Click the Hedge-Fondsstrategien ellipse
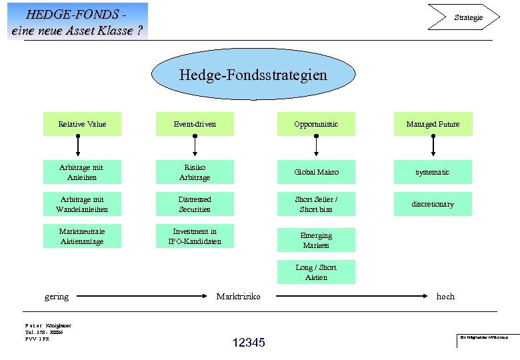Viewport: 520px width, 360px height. (253, 75)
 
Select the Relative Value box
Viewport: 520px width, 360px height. (82, 124)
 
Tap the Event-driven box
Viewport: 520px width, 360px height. (195, 124)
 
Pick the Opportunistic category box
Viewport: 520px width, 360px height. (316, 124)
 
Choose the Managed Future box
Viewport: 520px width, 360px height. (433, 124)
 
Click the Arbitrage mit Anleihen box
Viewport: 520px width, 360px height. (82, 172)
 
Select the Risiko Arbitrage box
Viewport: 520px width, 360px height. (195, 172)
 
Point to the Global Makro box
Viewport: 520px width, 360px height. (316, 172)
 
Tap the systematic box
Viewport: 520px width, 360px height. (433, 172)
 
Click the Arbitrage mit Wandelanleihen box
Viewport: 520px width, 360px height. (82, 204)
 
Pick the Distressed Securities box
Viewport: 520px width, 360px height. (195, 204)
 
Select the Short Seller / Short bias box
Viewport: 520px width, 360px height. (316, 204)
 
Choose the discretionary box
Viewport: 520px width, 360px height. (433, 204)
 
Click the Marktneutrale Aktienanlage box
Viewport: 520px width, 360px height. (82, 236)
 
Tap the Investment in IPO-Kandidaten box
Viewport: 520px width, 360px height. (195, 236)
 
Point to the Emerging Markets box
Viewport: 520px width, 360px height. (316, 240)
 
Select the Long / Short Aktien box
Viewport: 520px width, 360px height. (316, 272)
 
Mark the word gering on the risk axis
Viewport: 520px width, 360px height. (57, 296)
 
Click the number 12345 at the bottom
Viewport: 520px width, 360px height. (249, 343)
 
